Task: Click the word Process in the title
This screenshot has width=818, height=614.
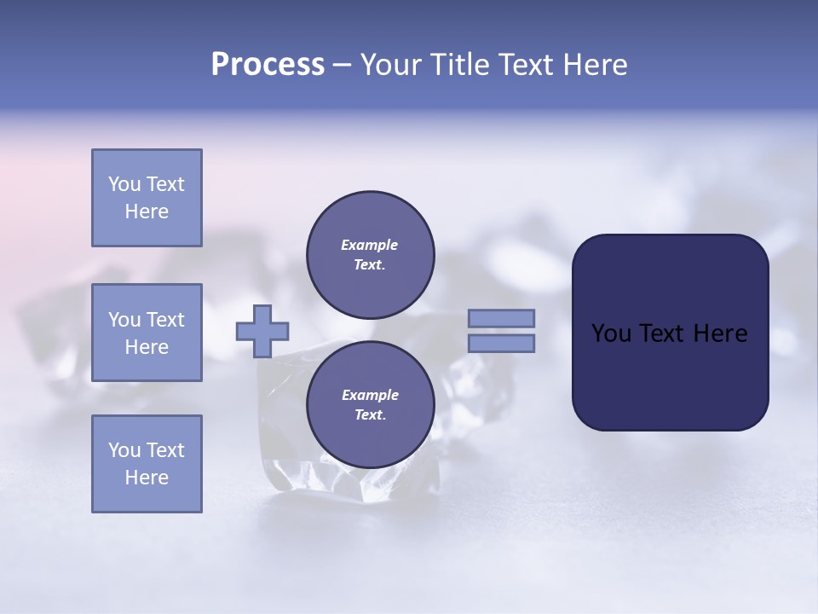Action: click(x=268, y=65)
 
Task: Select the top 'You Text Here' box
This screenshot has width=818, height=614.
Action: click(x=147, y=198)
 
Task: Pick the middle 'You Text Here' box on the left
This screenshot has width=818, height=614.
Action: click(x=147, y=333)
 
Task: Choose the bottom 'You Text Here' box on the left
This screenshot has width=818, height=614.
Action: click(x=147, y=464)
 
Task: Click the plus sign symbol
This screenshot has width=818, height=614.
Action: click(x=262, y=331)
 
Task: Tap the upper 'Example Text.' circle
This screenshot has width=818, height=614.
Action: click(x=370, y=254)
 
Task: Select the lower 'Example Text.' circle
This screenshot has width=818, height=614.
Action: click(x=370, y=404)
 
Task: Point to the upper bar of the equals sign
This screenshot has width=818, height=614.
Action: click(x=501, y=318)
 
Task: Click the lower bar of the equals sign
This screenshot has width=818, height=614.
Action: click(x=501, y=343)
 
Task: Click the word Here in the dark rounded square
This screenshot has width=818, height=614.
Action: click(x=720, y=333)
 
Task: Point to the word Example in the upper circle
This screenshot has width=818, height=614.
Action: click(x=370, y=245)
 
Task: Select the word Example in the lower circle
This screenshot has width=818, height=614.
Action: click(x=370, y=395)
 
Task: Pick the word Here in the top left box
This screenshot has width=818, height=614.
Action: click(x=147, y=211)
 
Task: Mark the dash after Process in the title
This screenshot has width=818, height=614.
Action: click(x=342, y=65)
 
